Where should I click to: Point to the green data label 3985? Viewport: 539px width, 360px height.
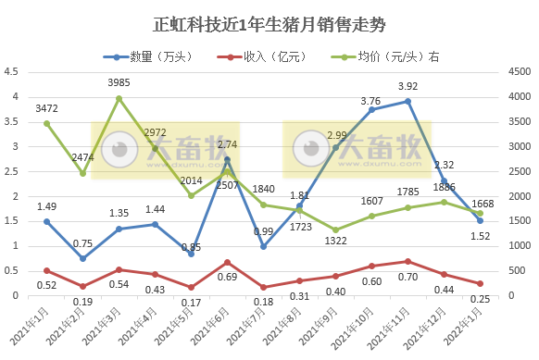point(119,83)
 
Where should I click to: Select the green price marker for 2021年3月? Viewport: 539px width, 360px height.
point(119,98)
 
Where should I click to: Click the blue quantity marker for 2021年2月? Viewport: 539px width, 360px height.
point(82,258)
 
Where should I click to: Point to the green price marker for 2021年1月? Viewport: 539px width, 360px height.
point(46,123)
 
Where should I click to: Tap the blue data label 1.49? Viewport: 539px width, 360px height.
point(46,206)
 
